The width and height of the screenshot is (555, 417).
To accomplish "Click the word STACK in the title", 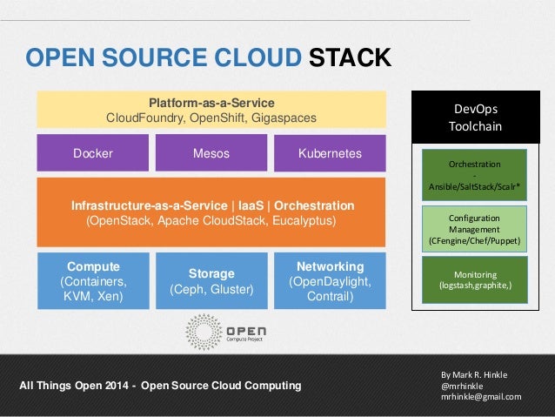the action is pyautogui.click(x=350, y=57).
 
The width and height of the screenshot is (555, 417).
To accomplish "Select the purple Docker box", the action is pyautogui.click(x=93, y=152).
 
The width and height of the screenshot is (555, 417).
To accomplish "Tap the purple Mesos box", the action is pyautogui.click(x=211, y=152).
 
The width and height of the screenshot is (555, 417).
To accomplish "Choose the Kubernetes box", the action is pyautogui.click(x=330, y=153).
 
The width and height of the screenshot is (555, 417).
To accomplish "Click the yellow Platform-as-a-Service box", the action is pyautogui.click(x=211, y=110).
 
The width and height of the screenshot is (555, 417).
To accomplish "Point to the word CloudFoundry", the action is pyautogui.click(x=145, y=118).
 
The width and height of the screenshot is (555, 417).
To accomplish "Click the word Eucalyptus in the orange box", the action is pyautogui.click(x=304, y=221).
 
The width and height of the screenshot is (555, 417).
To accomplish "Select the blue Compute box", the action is pyautogui.click(x=93, y=281).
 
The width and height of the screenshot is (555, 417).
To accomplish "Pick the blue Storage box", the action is pyautogui.click(x=211, y=281).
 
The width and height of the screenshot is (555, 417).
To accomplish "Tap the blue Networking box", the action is pyautogui.click(x=330, y=281).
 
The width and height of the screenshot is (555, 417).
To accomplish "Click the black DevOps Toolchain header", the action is pyautogui.click(x=476, y=118).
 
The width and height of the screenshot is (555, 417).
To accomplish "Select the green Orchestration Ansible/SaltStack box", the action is pyautogui.click(x=474, y=175).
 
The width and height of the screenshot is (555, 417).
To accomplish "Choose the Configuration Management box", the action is pyautogui.click(x=474, y=229).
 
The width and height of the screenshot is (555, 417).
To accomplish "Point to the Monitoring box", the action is pyautogui.click(x=475, y=280).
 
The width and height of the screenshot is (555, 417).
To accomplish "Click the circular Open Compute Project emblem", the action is pyautogui.click(x=204, y=332).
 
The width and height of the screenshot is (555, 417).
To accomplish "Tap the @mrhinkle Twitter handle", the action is pyautogui.click(x=462, y=386).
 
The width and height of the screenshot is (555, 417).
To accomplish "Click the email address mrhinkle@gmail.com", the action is pyautogui.click(x=481, y=397).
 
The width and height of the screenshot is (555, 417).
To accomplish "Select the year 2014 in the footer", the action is pyautogui.click(x=117, y=386).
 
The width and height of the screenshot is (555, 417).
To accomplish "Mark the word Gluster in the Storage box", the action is pyautogui.click(x=232, y=289).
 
